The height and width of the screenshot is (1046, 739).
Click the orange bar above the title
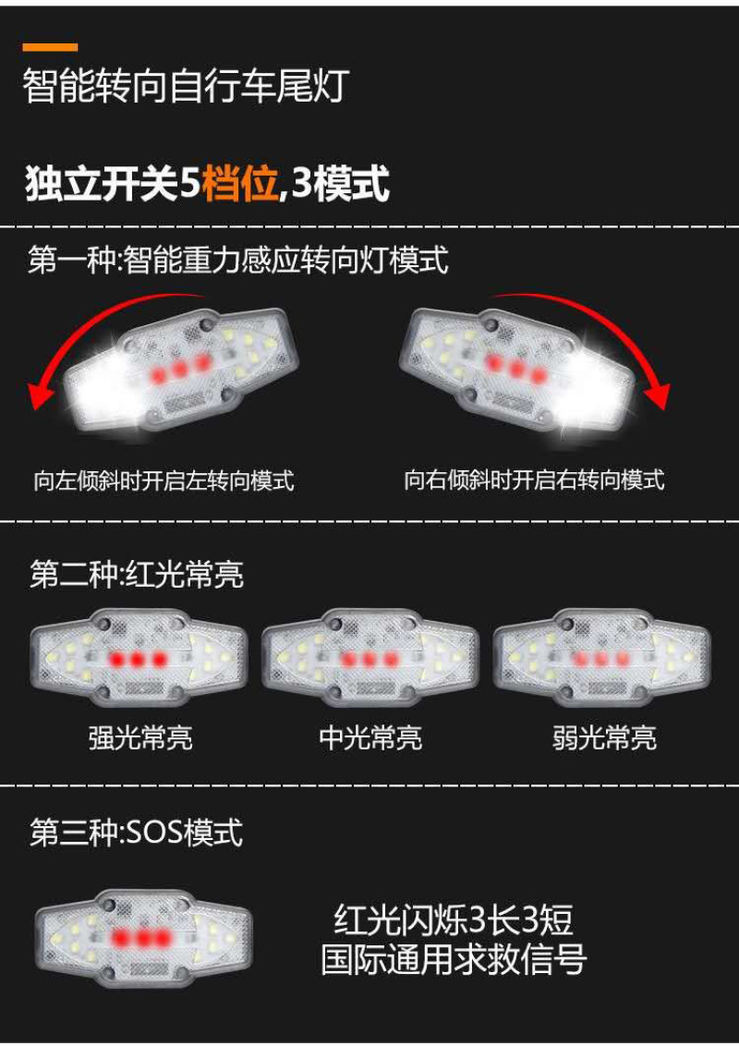pos(50,47)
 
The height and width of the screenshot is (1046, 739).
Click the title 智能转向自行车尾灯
pos(186,86)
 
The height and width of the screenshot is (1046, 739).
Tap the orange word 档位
pos(239,183)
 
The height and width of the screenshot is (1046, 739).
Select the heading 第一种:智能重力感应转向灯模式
pos(238,260)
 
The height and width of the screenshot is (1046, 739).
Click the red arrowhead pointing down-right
pos(659,395)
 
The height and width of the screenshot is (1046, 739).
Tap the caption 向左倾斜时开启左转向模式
pos(164,480)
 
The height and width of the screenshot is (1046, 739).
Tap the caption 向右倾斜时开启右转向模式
pos(534,479)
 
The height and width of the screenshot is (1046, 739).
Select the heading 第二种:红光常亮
pos(137,574)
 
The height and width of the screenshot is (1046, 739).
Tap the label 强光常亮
pos(140,737)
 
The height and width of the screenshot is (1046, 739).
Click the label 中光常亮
pos(370,737)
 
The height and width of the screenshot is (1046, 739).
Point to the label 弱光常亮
pos(603,737)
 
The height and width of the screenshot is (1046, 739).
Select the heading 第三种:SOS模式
pos(136,832)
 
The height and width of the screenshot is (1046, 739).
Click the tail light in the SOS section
pos(144,938)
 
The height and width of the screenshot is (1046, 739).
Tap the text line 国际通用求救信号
pos(454,959)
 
